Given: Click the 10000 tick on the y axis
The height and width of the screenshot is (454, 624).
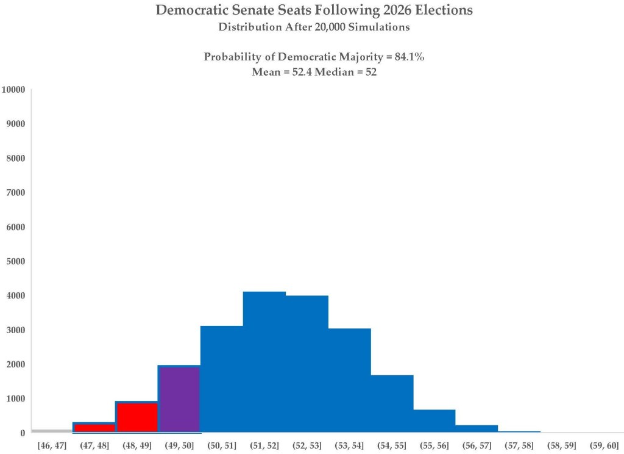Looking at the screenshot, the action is (13, 89).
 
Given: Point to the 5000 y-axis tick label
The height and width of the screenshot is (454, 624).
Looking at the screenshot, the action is (15, 261).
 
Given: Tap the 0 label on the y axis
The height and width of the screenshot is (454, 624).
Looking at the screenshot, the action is (23, 433).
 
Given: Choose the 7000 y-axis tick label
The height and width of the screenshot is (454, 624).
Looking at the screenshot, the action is (15, 192).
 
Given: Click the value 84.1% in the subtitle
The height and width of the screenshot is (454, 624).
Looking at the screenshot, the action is (409, 57).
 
